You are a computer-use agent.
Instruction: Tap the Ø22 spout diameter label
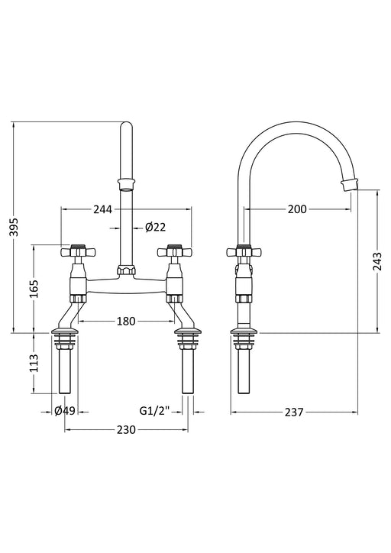point(155,227)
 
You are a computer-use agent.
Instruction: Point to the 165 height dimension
point(34,289)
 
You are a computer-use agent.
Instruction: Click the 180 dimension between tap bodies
point(127,321)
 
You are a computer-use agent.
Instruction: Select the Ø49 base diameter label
point(64,412)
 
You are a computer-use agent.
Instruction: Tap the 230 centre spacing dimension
point(126,430)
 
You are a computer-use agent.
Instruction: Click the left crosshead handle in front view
point(77,251)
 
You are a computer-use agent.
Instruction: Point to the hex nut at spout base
point(126,270)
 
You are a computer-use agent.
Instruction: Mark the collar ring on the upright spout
point(126,182)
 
